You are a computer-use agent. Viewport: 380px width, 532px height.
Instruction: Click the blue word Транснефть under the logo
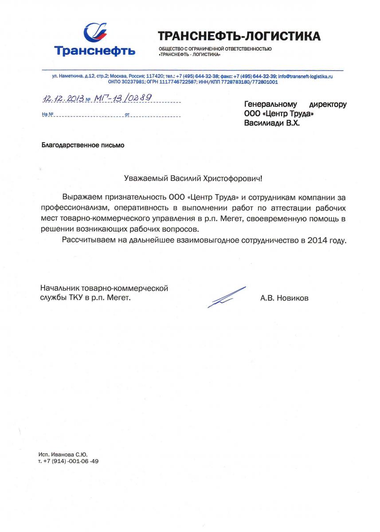pos(95,51)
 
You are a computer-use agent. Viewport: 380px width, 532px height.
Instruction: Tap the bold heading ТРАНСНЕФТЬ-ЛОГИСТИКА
pos(239,36)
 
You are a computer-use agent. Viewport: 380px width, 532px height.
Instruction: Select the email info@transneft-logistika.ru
pos(305,77)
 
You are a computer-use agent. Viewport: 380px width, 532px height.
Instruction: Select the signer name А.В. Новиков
pos(284,298)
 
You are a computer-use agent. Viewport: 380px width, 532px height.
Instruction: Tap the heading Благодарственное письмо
pos(82,145)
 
